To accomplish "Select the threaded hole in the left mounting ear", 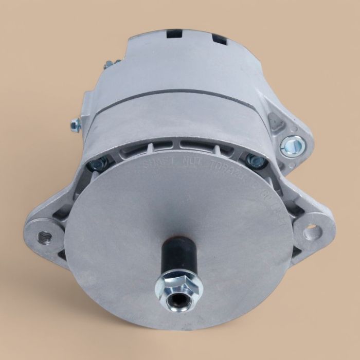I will click(x=44, y=237).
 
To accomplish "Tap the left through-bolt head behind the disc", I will click(x=96, y=165).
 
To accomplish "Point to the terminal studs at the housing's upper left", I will click(x=110, y=65).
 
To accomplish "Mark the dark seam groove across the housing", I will click(x=170, y=94).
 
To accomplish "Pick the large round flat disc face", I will click(x=170, y=221).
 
